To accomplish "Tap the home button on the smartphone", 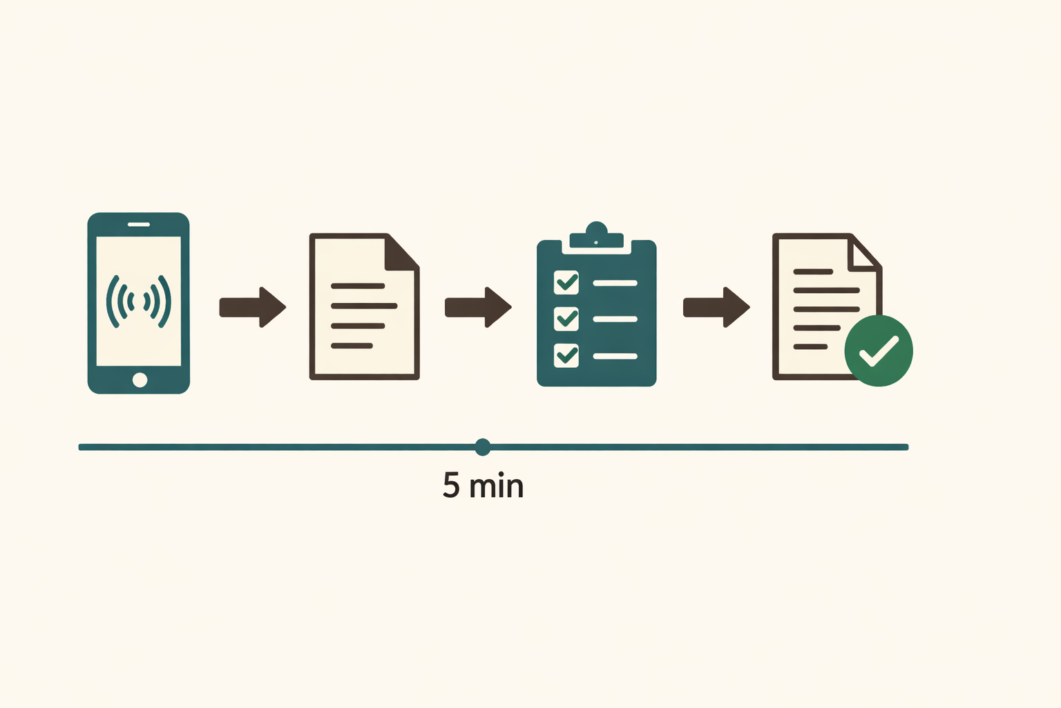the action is pos(140,380).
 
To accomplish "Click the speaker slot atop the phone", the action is pos(139,224).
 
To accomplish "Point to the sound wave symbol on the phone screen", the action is pos(138,301).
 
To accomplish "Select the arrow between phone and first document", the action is pos(252,307).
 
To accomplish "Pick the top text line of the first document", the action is pos(358,286).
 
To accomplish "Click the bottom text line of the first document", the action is pos(352,346).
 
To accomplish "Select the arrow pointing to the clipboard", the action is pos(478,307).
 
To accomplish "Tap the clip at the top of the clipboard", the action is pos(596,235).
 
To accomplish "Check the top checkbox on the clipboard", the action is pos(566,283).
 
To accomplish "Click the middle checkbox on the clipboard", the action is pos(566,319).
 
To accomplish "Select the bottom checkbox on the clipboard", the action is pos(566,355).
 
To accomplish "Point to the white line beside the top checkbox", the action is pos(615,283).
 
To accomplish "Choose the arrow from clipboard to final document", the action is pos(716,307).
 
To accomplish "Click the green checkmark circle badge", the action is pos(879,351).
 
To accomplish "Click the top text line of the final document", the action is pos(813,272).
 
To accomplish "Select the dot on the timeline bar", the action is pos(483,447).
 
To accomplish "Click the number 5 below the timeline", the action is pos(451,485).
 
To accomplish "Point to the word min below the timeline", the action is pos(496,485).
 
